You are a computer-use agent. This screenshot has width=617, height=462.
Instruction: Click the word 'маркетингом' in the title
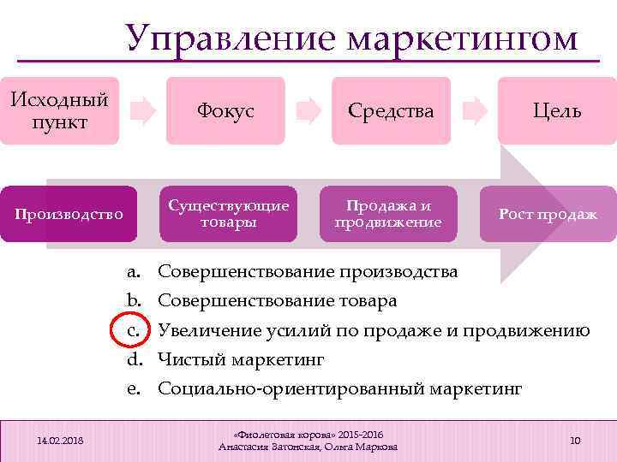(x=463, y=39)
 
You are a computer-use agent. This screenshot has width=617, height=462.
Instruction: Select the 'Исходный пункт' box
(x=60, y=110)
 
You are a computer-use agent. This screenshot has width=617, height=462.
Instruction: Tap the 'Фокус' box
(x=225, y=110)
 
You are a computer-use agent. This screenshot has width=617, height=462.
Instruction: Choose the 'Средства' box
(x=391, y=110)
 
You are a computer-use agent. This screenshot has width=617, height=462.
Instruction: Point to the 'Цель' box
(x=557, y=110)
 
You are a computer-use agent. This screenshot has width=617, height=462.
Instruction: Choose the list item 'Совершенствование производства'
(x=308, y=272)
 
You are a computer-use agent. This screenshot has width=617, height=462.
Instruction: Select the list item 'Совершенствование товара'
(x=278, y=301)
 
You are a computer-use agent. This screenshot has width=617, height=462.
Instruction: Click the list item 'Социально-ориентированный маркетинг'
(x=339, y=388)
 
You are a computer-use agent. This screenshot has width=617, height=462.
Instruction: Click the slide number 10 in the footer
(x=575, y=440)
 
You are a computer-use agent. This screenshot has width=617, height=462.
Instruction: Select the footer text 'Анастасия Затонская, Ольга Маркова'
(x=308, y=447)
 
